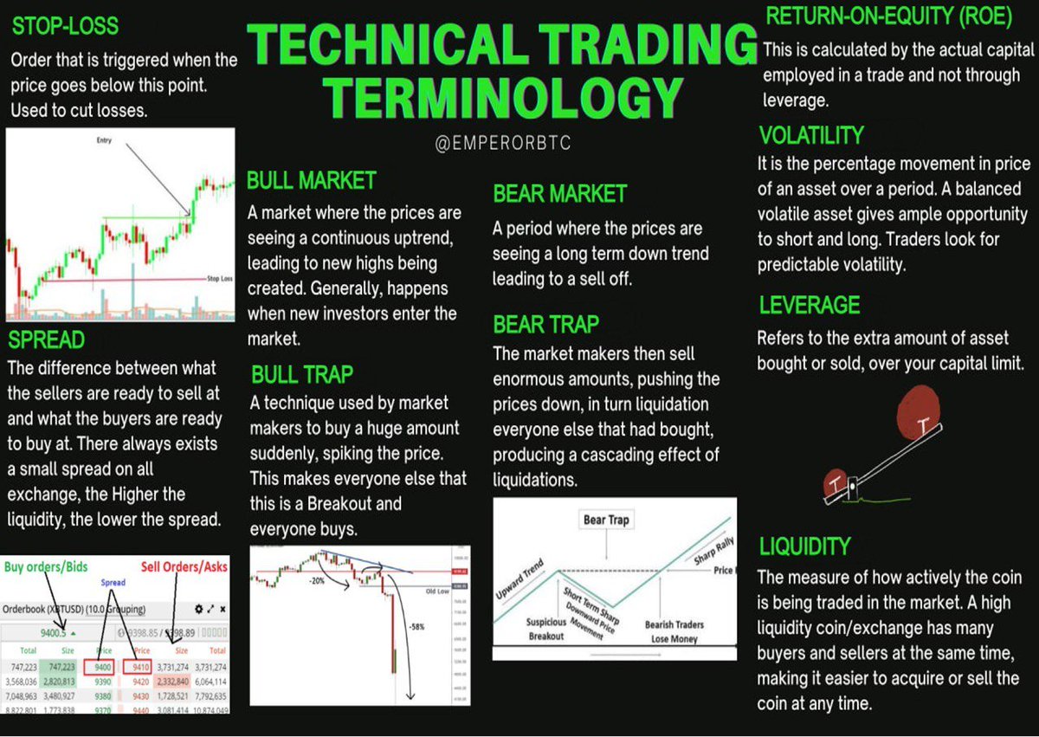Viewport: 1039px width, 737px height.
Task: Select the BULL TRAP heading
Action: click(x=302, y=374)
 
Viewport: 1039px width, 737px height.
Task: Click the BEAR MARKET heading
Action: click(x=559, y=194)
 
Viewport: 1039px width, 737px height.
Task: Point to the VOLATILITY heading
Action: click(x=811, y=136)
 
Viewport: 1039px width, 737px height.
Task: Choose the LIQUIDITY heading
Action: click(x=805, y=546)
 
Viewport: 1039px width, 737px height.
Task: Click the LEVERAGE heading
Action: click(x=810, y=306)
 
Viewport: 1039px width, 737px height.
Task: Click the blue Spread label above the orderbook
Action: click(x=113, y=584)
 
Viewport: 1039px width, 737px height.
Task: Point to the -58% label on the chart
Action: click(x=418, y=626)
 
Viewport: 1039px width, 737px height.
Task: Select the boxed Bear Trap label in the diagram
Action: click(x=606, y=521)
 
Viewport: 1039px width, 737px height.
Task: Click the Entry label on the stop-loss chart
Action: click(x=104, y=140)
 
